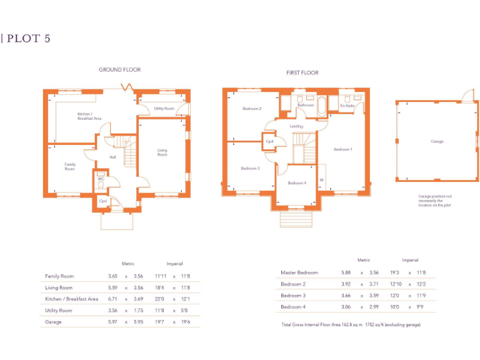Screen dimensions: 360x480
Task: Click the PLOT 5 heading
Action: [x=28, y=38]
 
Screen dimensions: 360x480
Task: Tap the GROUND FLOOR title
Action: [x=119, y=70]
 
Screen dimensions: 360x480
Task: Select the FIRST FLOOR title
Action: [x=302, y=73]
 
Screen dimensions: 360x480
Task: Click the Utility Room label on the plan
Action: [x=164, y=109]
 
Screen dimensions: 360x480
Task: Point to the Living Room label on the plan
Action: [x=162, y=152]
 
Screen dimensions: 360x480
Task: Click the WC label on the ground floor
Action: [x=100, y=179]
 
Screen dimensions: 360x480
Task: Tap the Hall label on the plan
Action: [x=112, y=157]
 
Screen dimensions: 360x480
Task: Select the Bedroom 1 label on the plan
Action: [x=342, y=149]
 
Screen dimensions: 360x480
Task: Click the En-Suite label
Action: [x=347, y=106]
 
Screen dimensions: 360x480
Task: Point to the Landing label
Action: [x=296, y=126]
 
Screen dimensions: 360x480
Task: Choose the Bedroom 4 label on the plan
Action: [x=297, y=182]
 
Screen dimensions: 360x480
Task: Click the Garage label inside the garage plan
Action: [x=437, y=142]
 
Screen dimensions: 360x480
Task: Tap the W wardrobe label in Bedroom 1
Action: [x=321, y=181]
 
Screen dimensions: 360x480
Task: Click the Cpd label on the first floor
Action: [x=270, y=141]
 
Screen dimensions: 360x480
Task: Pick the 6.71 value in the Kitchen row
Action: [x=112, y=299]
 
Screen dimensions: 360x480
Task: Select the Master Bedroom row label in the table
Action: [x=299, y=272]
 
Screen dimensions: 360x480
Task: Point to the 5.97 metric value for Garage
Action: [x=112, y=322]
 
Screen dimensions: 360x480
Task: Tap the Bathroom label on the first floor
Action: [x=306, y=105]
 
